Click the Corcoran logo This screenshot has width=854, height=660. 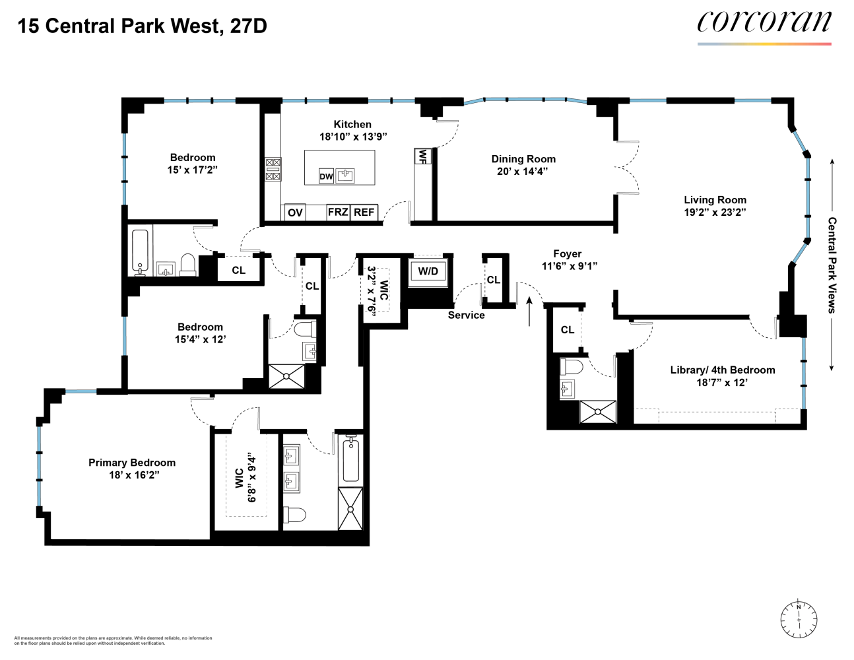point(764,22)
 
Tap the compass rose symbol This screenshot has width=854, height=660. point(799,620)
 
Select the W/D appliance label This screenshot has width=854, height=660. point(428,271)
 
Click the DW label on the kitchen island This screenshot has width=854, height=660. point(326,176)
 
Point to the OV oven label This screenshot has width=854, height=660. point(295,213)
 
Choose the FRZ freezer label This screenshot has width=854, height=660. point(338,212)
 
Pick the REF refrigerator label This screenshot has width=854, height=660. point(364,212)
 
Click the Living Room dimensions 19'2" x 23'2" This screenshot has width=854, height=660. point(715,212)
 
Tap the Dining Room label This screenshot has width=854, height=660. point(523,159)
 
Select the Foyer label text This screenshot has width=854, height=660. point(567,254)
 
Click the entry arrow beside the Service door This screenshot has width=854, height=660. point(529,311)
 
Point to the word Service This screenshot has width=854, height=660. point(466,315)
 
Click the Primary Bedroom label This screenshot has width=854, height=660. point(132,463)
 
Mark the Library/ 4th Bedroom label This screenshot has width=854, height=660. point(722,370)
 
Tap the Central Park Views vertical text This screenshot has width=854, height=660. point(832,265)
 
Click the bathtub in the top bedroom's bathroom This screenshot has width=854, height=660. point(140,251)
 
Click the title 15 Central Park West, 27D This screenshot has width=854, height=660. point(142,26)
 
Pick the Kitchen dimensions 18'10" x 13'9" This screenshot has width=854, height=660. point(352,137)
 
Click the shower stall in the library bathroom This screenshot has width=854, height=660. point(597,412)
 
